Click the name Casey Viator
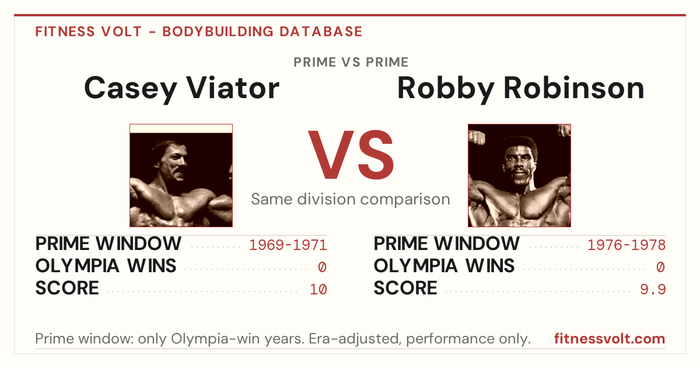tap(181, 89)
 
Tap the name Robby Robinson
tap(520, 89)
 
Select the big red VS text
tap(351, 155)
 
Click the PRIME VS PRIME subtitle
tap(351, 63)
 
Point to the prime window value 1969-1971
tap(288, 245)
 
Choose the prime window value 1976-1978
tap(626, 245)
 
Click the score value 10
tap(318, 290)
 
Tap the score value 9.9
tap(653, 290)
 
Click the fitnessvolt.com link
tap(610, 339)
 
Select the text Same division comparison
tap(351, 199)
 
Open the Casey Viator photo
tap(181, 176)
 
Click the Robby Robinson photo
tap(519, 176)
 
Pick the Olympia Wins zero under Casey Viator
tap(322, 268)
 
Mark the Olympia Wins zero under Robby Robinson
tap(660, 268)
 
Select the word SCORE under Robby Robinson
tap(405, 288)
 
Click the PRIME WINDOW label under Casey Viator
tap(108, 244)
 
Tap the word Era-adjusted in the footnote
tap(355, 339)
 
